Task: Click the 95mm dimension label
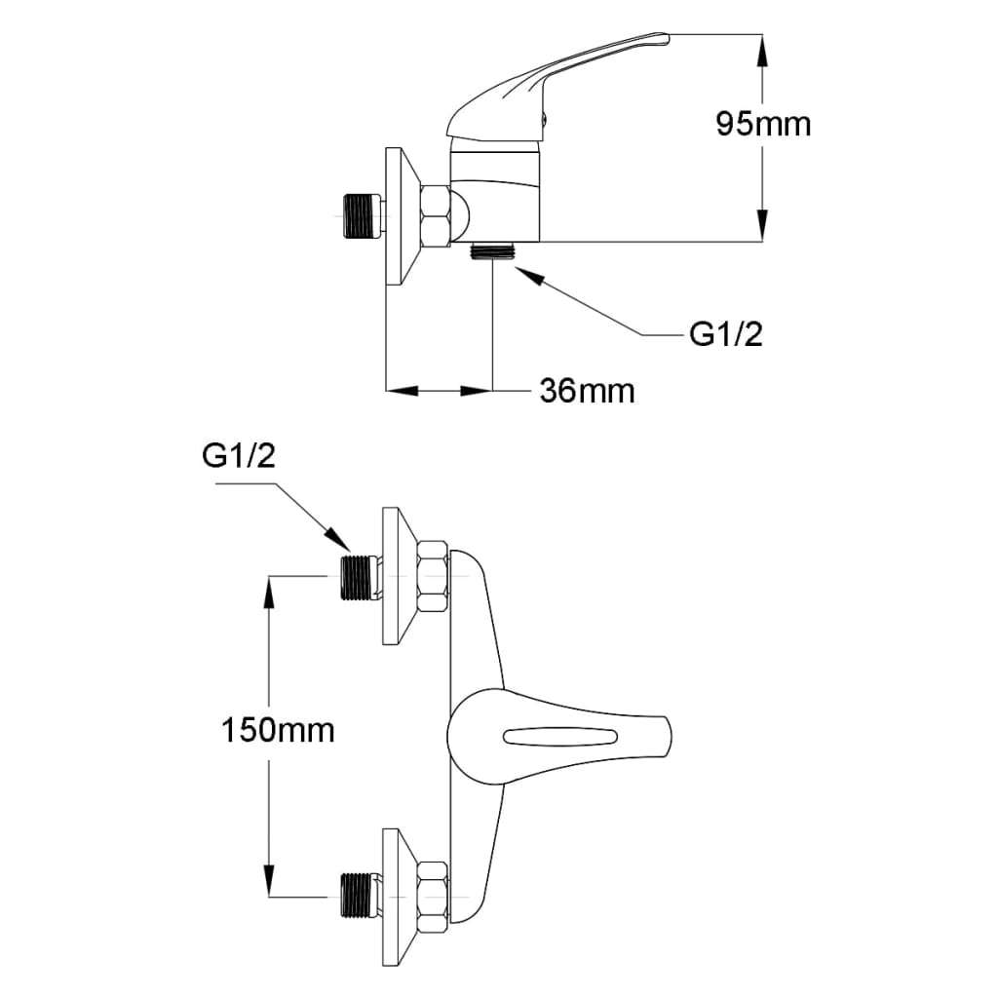(x=763, y=124)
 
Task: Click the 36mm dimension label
(x=587, y=391)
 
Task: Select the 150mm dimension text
(x=278, y=729)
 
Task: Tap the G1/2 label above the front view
(x=239, y=456)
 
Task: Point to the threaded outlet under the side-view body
(x=492, y=250)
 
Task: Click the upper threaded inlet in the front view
(x=360, y=577)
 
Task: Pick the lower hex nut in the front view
(x=433, y=894)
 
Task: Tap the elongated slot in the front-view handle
(x=559, y=737)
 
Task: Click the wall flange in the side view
(x=401, y=216)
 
